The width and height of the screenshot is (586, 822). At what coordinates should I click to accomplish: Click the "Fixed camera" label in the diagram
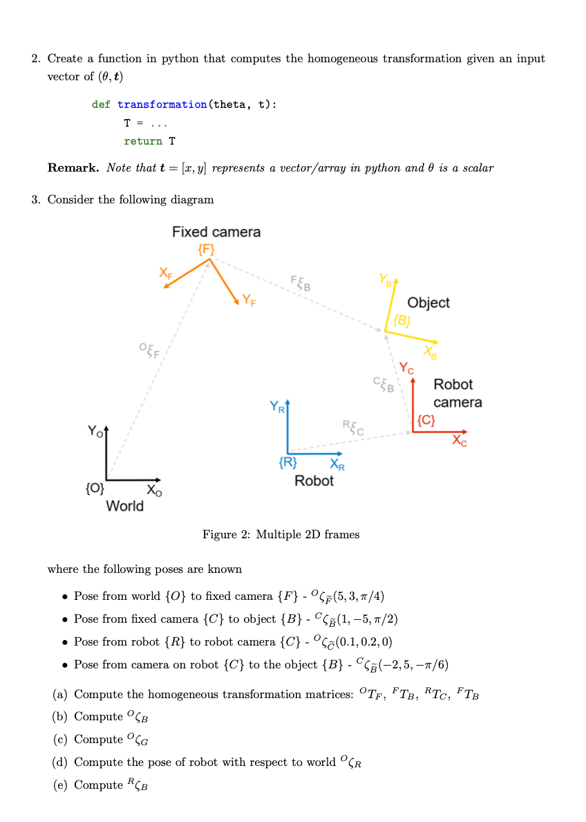(216, 232)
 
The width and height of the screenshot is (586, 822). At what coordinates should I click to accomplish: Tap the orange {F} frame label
(206, 249)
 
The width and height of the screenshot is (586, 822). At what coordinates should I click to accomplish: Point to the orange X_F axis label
(167, 273)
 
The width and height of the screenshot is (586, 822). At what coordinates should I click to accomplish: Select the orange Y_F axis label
(248, 301)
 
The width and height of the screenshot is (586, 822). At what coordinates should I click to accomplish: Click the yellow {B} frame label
(402, 320)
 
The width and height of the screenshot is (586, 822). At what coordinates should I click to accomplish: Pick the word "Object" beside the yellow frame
(428, 302)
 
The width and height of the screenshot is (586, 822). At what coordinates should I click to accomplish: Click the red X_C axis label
(460, 441)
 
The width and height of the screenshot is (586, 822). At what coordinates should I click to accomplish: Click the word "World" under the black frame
(125, 506)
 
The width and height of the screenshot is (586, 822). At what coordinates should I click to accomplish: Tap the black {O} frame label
(95, 489)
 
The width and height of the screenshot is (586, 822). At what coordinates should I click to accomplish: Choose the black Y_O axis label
(95, 432)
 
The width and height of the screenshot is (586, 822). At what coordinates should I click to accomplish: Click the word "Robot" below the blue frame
(314, 480)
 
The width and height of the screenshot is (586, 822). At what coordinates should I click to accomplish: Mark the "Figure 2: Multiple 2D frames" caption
(281, 534)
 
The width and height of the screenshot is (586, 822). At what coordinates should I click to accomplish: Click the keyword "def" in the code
(101, 104)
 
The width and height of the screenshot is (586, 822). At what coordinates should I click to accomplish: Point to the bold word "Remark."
(73, 168)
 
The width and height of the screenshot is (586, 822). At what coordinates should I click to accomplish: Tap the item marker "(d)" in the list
(60, 762)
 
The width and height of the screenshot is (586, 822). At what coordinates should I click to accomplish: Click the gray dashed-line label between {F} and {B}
(301, 282)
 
